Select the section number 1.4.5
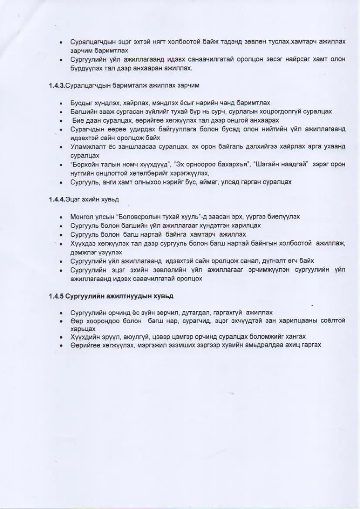pos(56,296)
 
